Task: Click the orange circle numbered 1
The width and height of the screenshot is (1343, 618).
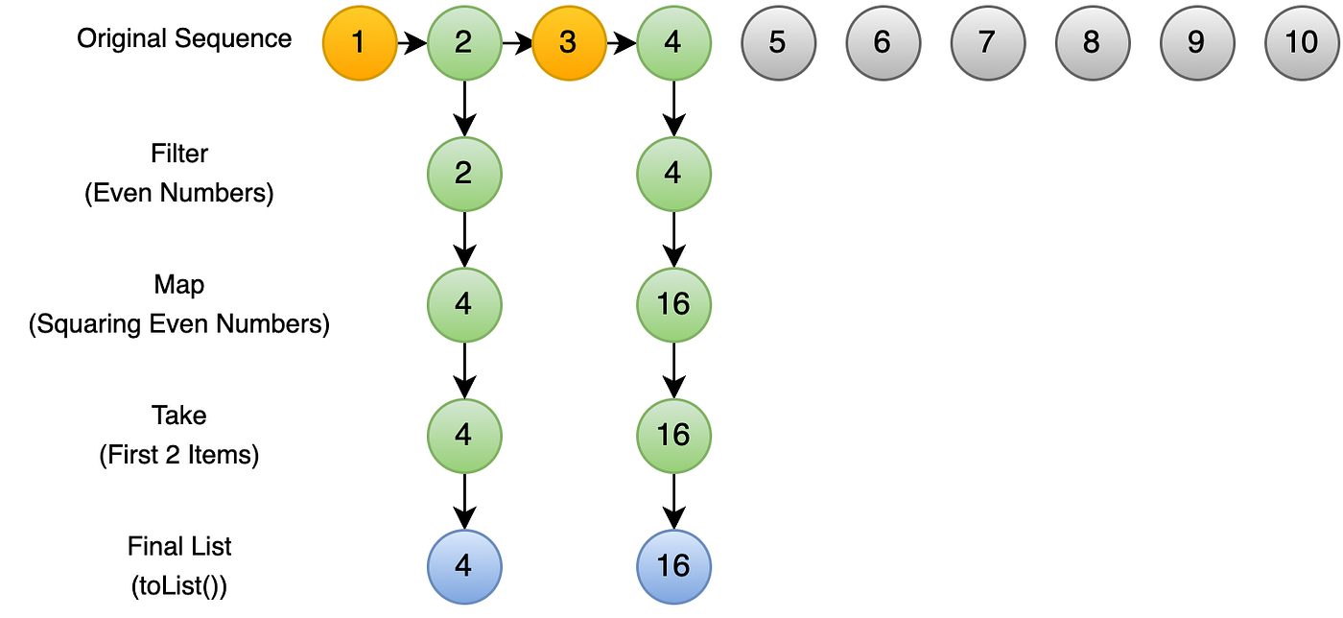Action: [x=360, y=43]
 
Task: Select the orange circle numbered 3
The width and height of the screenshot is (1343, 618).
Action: [x=569, y=43]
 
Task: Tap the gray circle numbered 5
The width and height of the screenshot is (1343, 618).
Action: [x=778, y=43]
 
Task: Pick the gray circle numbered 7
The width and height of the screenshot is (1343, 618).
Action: [x=987, y=43]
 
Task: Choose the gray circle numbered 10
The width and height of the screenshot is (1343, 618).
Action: [x=1302, y=43]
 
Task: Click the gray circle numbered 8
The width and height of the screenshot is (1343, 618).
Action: [x=1093, y=43]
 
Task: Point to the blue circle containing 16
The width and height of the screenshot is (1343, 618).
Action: [x=673, y=567]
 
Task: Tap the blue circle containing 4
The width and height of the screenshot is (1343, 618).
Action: [x=464, y=567]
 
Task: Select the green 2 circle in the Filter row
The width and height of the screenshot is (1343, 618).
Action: [x=464, y=174]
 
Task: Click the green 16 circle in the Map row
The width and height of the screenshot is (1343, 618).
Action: [x=673, y=305]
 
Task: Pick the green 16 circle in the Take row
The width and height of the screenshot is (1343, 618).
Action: [x=673, y=436]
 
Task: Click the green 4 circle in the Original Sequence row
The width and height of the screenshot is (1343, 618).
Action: [x=673, y=43]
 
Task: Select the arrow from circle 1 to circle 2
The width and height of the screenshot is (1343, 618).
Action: [x=412, y=43]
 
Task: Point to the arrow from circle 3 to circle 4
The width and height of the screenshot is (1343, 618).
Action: [x=622, y=43]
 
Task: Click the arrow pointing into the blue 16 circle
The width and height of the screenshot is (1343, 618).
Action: [x=673, y=502]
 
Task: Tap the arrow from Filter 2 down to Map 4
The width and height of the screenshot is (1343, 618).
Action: [x=464, y=239]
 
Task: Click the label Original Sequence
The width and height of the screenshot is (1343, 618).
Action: [x=184, y=39]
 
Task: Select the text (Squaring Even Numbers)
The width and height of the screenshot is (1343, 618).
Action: [x=179, y=324]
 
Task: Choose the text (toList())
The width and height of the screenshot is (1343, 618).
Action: [x=179, y=586]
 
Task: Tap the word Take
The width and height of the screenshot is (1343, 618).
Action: [x=179, y=416]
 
